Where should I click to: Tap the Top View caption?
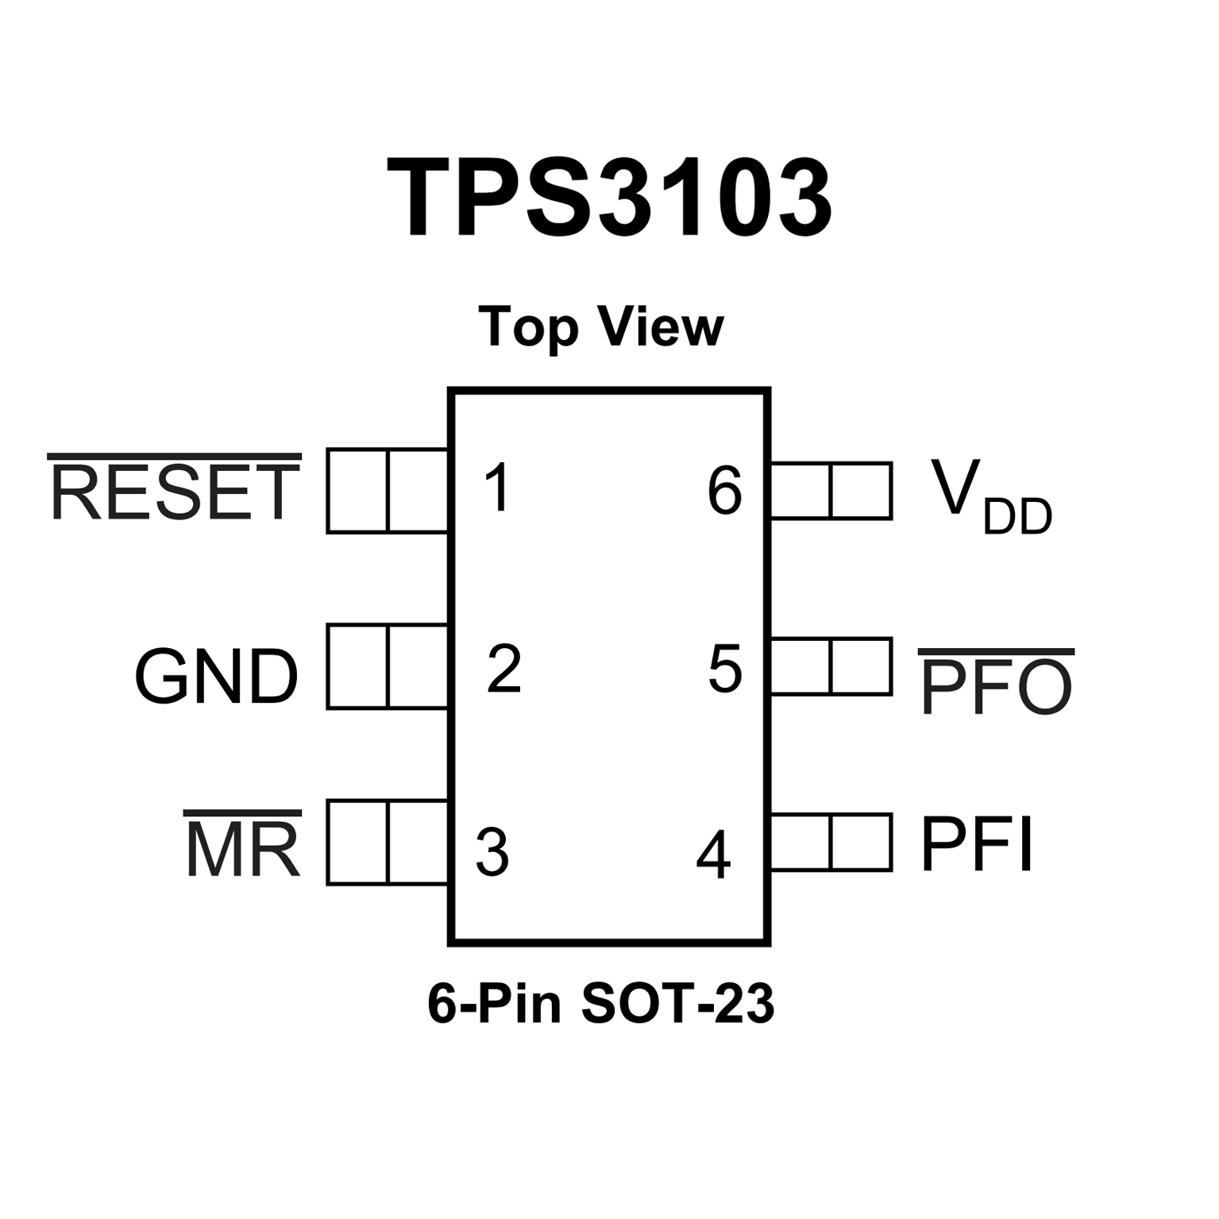coord(601,326)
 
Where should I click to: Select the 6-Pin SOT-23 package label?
coord(600,1003)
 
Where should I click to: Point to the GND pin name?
coord(216,676)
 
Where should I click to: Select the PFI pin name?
coord(977,843)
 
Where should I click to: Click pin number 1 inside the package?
coord(497,488)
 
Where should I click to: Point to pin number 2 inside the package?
coord(504,668)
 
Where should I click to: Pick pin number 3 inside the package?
coord(492,851)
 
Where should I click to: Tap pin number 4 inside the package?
coord(713,854)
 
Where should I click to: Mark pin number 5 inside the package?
coord(724,669)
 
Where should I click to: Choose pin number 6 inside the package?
coord(724,492)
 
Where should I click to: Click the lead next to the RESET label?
coord(388,491)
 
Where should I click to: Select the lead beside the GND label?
coord(388,667)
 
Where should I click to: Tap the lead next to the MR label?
coord(388,843)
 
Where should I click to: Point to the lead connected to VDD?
coord(831,491)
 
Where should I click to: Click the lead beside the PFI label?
coord(831,842)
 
